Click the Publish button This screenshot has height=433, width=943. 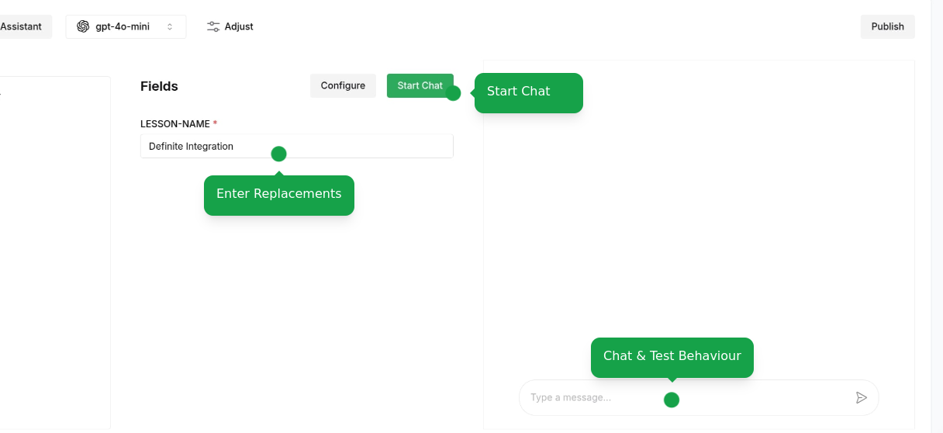click(887, 26)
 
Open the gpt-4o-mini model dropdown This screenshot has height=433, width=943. click(126, 26)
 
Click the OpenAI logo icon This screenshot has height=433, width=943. click(83, 26)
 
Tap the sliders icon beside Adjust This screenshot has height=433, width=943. click(213, 26)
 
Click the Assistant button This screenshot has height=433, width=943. click(22, 26)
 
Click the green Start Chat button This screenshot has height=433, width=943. click(419, 85)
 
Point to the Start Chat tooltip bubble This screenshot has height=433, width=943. click(528, 92)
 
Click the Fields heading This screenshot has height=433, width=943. click(159, 86)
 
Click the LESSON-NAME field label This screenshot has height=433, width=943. click(175, 124)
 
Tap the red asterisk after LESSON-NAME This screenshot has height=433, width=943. click(215, 123)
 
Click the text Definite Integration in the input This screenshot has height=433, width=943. click(191, 146)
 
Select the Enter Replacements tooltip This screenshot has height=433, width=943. click(278, 195)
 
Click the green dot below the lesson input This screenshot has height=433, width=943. click(278, 154)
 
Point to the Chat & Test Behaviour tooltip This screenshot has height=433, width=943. click(672, 357)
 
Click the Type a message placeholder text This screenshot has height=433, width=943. click(570, 398)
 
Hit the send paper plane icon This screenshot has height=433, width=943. click(861, 398)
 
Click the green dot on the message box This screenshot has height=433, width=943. click(672, 400)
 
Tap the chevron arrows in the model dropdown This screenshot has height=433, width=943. click(170, 26)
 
